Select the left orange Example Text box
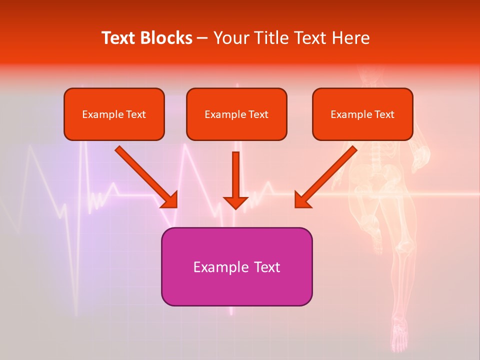(114, 114)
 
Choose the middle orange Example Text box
(236, 114)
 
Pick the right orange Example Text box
(362, 114)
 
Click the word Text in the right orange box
(384, 114)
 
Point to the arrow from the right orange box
(325, 176)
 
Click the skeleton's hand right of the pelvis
(423, 157)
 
